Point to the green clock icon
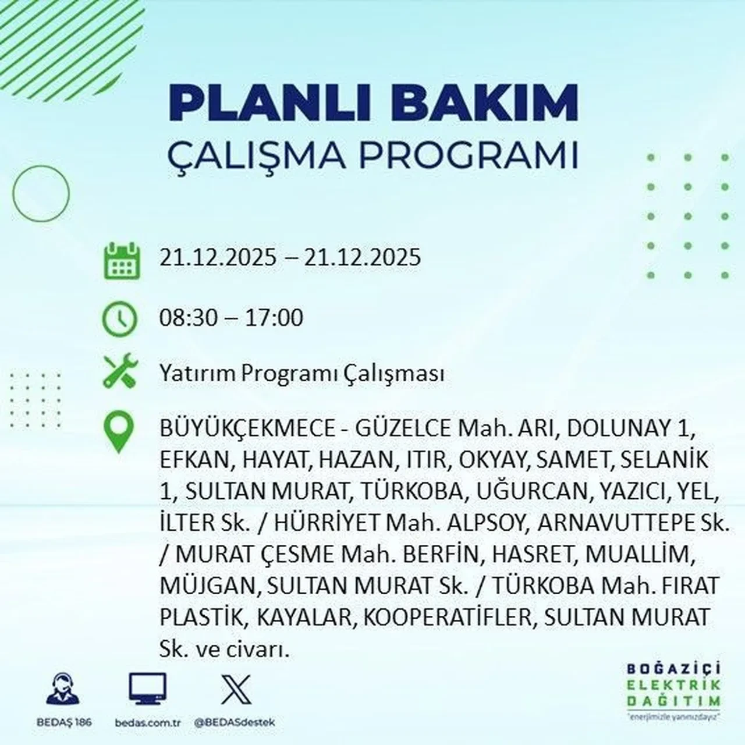[120, 319]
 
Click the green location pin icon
[118, 432]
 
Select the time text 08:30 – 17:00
[231, 318]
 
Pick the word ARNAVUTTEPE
[609, 523]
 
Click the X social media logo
[236, 690]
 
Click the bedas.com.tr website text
[148, 722]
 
